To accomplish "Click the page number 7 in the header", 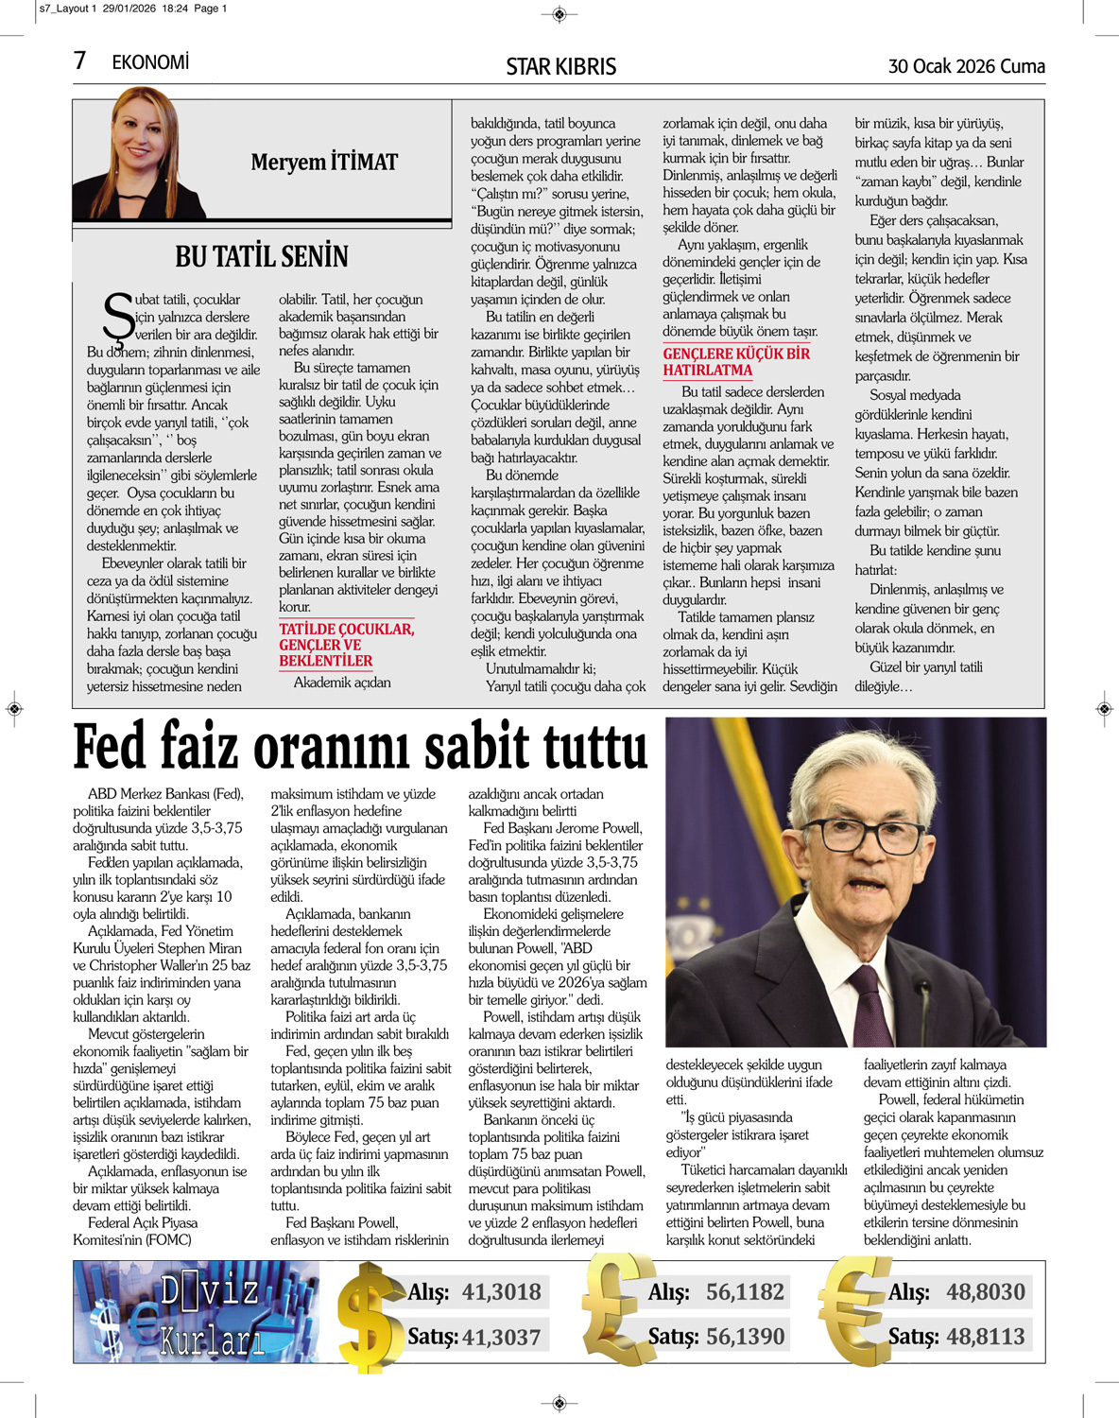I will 79,61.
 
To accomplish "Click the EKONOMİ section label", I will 150,62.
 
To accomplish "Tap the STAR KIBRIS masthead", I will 560,66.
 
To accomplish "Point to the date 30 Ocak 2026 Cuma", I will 966,66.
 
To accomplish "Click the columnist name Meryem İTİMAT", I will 324,162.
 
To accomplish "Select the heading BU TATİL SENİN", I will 262,256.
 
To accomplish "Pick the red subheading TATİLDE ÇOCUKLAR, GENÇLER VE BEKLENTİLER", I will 346,645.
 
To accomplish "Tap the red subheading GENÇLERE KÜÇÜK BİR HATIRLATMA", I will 736,361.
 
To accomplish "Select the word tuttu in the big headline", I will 580,747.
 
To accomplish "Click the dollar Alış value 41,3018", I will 501,1291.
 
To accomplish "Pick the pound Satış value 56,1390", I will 745,1336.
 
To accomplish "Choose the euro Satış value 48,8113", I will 985,1336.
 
